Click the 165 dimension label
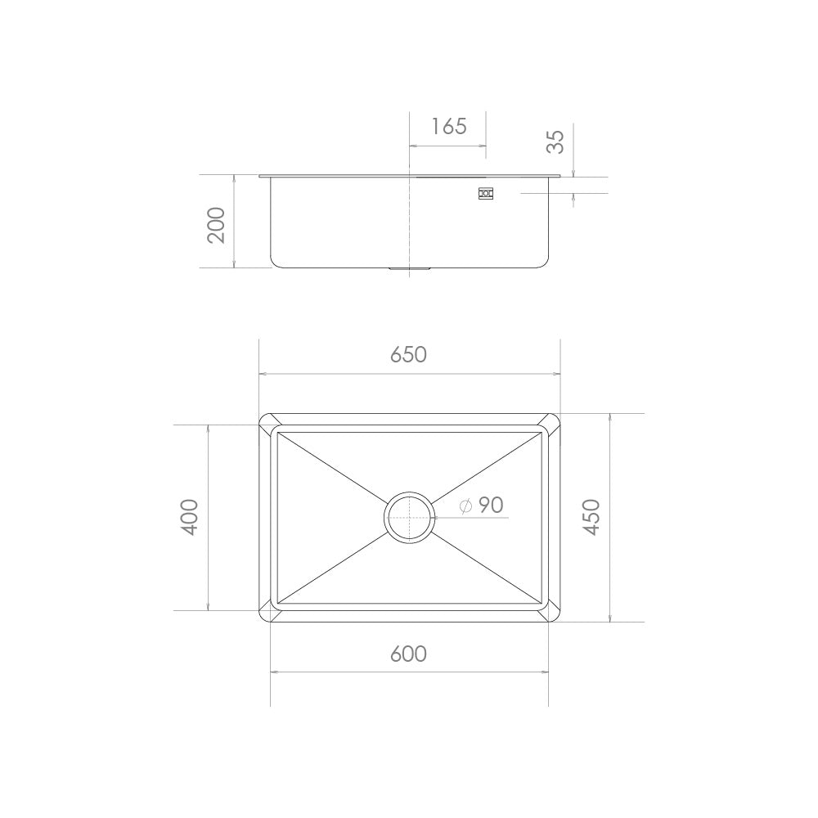click(449, 126)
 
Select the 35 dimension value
click(556, 142)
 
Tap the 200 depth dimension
click(216, 224)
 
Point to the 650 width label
click(409, 354)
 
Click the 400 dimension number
click(190, 517)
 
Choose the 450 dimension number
click(591, 517)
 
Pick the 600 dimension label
click(409, 654)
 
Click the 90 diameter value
click(491, 506)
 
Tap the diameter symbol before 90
click(465, 506)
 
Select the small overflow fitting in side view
click(486, 194)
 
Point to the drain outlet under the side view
click(409, 268)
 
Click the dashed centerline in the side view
click(409, 221)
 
